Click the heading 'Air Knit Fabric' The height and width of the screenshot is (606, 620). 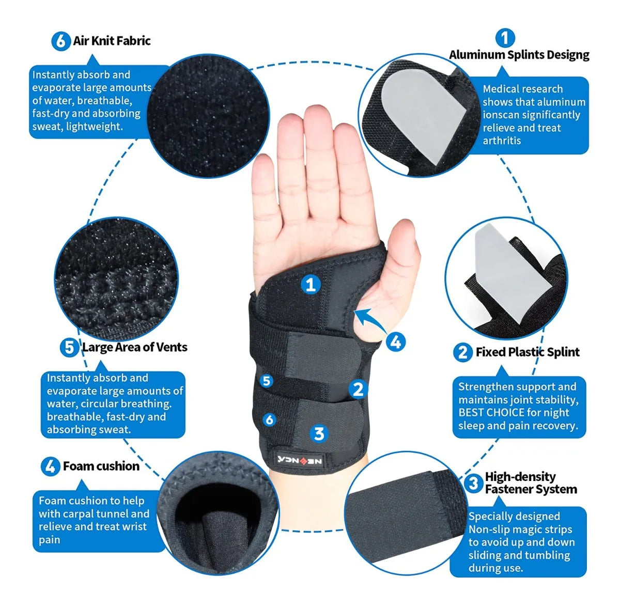pyautogui.click(x=112, y=41)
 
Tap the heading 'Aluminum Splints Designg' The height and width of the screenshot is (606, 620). pyautogui.click(x=519, y=55)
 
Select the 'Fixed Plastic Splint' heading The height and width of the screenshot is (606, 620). pyautogui.click(x=528, y=352)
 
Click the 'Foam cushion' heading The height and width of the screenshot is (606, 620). pyautogui.click(x=101, y=466)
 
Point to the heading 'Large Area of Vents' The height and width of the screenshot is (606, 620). pyautogui.click(x=135, y=347)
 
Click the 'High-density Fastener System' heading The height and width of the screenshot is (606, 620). pyautogui.click(x=531, y=483)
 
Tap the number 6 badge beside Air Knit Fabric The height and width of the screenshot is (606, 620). pyautogui.click(x=60, y=41)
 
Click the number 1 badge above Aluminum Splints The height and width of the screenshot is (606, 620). pyautogui.click(x=505, y=38)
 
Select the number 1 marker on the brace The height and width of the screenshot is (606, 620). pyautogui.click(x=311, y=285)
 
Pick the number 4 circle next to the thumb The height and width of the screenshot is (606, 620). pyautogui.click(x=396, y=342)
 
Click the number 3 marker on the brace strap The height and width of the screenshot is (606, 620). pyautogui.click(x=319, y=433)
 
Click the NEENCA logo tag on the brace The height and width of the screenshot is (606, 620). pyautogui.click(x=300, y=461)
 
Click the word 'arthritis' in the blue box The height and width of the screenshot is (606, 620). pyautogui.click(x=502, y=141)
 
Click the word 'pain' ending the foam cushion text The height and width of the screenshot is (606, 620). pyautogui.click(x=50, y=540)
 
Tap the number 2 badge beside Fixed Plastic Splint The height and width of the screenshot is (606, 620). pyautogui.click(x=462, y=352)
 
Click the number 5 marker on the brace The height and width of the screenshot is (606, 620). pyautogui.click(x=267, y=381)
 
